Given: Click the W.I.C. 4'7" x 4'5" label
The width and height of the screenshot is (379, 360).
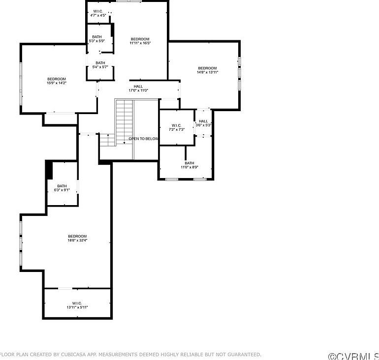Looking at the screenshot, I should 98,13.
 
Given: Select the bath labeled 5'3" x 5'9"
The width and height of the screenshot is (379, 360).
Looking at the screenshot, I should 96,38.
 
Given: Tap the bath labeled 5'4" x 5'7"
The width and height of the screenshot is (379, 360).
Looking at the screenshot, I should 100,64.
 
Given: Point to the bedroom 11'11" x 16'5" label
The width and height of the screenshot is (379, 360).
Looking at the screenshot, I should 140,41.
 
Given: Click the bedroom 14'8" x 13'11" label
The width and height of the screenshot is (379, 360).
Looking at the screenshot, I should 207,70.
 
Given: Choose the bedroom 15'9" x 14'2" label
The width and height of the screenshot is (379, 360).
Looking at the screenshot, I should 57,81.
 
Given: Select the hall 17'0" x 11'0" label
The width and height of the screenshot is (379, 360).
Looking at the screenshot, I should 138,88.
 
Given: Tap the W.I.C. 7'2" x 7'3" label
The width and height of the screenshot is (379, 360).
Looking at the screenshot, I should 176,127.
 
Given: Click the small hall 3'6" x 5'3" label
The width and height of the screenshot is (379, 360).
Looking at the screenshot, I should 203,123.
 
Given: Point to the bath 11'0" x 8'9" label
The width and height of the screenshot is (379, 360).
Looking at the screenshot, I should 189,165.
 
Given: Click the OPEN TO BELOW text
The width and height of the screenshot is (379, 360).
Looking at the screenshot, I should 144,139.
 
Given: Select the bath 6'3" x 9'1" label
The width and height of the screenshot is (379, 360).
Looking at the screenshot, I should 62,188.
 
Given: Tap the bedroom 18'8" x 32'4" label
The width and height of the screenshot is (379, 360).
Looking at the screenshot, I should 77,238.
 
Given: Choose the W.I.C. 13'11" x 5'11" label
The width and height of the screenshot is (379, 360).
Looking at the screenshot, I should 77,305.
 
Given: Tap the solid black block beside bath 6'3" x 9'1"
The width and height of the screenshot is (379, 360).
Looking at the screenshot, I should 49,170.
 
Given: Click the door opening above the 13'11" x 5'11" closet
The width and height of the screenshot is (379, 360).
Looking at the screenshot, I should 65,288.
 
